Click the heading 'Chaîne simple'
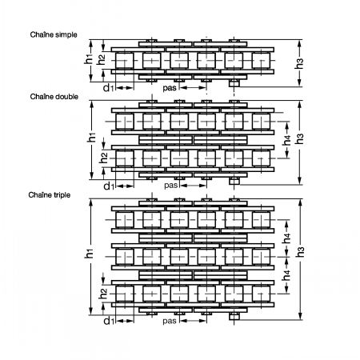tap(54, 34)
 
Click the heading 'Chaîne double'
tap(54, 97)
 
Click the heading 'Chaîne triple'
tap(50, 195)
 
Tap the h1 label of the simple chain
tap(89, 59)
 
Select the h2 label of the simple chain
tap(101, 59)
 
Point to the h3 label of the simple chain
tap(300, 63)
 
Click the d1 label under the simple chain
tap(109, 88)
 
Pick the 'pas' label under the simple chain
tap(170, 88)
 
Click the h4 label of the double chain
tap(287, 140)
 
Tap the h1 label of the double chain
tap(92, 138)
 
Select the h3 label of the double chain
tap(300, 139)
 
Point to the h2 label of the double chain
tap(103, 158)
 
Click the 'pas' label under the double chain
tap(170, 185)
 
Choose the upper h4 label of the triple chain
tap(287, 238)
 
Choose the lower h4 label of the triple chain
tap(287, 275)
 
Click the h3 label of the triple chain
tap(300, 252)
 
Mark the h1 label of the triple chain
tap(89, 253)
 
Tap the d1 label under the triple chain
tap(109, 321)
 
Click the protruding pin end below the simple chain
tap(234, 83)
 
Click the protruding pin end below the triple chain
tap(234, 317)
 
